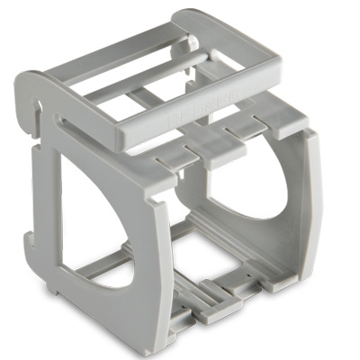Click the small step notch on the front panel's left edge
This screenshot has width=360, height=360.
point(30,238)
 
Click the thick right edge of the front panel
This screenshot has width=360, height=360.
point(162,261)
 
